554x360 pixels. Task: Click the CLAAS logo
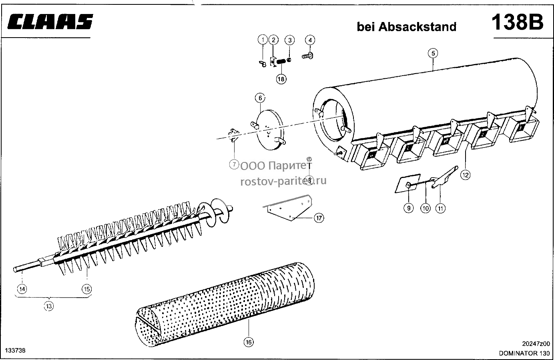click(x=50, y=22)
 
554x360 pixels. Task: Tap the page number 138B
click(x=518, y=22)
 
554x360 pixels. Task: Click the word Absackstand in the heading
click(x=418, y=27)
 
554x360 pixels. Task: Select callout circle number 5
click(x=433, y=53)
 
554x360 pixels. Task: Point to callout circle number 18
click(x=281, y=79)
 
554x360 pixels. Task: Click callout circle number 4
click(x=310, y=40)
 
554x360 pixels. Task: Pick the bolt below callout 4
click(x=307, y=56)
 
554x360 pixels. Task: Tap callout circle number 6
click(x=260, y=98)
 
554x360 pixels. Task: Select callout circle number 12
click(x=465, y=175)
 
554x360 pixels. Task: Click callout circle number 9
click(x=409, y=208)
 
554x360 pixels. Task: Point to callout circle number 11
click(x=440, y=208)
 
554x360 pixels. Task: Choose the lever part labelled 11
click(x=444, y=178)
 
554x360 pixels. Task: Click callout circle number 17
click(x=319, y=218)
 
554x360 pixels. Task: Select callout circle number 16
click(x=249, y=342)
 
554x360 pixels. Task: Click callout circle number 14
click(x=22, y=289)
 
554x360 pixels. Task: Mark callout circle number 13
click(x=49, y=306)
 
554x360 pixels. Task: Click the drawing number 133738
click(x=15, y=350)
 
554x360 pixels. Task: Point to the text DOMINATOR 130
click(x=524, y=353)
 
